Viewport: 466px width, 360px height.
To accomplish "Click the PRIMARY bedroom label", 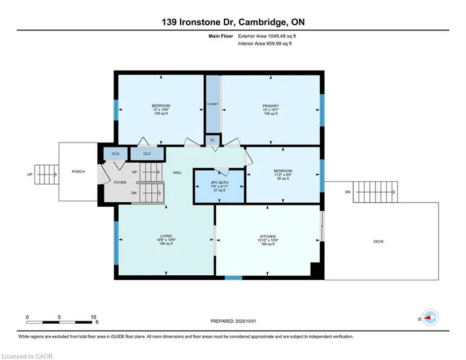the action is click(x=271, y=106).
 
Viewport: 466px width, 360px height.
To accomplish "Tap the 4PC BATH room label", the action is click(x=220, y=183).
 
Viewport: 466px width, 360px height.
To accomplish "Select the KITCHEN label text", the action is click(x=268, y=236).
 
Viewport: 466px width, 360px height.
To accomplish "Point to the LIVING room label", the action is click(x=166, y=236).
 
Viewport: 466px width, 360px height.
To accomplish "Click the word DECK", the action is click(x=378, y=242).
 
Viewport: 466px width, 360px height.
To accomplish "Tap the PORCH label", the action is click(x=79, y=172).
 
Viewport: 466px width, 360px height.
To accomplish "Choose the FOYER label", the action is click(x=120, y=183).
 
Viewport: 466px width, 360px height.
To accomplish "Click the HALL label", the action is click(x=177, y=172).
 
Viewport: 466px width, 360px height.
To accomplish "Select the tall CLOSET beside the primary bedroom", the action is click(x=213, y=104).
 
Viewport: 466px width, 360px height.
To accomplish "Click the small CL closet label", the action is click(x=212, y=140).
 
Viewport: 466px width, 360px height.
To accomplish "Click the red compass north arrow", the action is click(x=428, y=318).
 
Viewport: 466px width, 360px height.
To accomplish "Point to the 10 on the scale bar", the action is click(x=93, y=317).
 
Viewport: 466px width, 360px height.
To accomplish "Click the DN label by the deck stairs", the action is click(x=348, y=192).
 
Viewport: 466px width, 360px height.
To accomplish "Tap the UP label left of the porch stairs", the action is click(x=30, y=175).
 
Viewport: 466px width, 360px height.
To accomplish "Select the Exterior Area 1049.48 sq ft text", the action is click(x=267, y=36).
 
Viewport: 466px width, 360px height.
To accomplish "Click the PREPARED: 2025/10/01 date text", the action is click(x=233, y=321).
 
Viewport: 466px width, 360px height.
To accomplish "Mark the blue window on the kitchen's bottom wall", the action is click(x=233, y=278).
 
